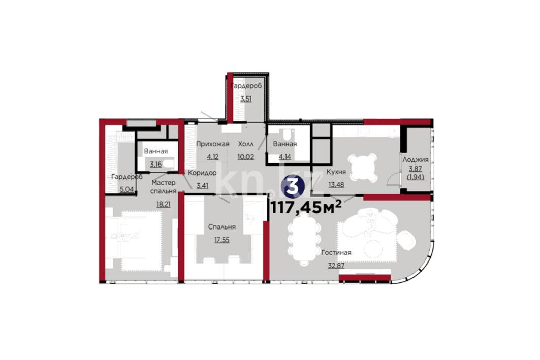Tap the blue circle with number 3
(293, 186)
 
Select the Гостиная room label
(336, 253)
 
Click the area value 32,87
(336, 266)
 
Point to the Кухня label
(336, 172)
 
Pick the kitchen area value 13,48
(336, 185)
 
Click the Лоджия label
(416, 160)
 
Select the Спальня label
(222, 227)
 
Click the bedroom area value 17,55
(222, 240)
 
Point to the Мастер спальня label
(163, 187)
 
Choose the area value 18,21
(163, 204)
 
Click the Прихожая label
(212, 144)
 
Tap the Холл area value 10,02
(245, 157)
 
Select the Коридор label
(202, 173)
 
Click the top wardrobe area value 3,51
(246, 99)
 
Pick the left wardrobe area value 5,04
(126, 189)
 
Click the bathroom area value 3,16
(155, 165)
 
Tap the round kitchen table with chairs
(362, 168)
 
